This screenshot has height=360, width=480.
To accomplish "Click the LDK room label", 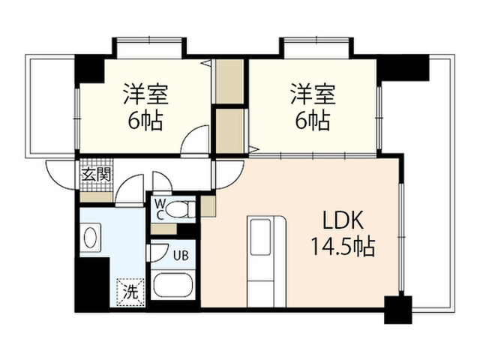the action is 343,220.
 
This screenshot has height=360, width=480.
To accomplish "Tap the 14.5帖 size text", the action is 343,247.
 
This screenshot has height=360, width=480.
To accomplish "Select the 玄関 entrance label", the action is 96,175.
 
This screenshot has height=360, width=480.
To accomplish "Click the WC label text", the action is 160,209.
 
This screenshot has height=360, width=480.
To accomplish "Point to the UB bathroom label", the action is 181,255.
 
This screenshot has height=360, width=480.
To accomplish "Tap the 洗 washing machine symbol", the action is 130,292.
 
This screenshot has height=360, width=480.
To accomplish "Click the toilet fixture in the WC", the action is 181,209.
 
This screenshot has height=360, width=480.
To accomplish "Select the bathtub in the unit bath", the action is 173,285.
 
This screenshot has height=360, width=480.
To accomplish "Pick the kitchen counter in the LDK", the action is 267,261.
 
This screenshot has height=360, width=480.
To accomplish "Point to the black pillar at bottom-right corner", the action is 398,310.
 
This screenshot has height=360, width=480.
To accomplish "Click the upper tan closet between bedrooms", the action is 229,81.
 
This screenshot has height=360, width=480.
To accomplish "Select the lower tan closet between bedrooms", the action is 230,130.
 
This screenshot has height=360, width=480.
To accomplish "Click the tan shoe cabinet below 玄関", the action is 97,196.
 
